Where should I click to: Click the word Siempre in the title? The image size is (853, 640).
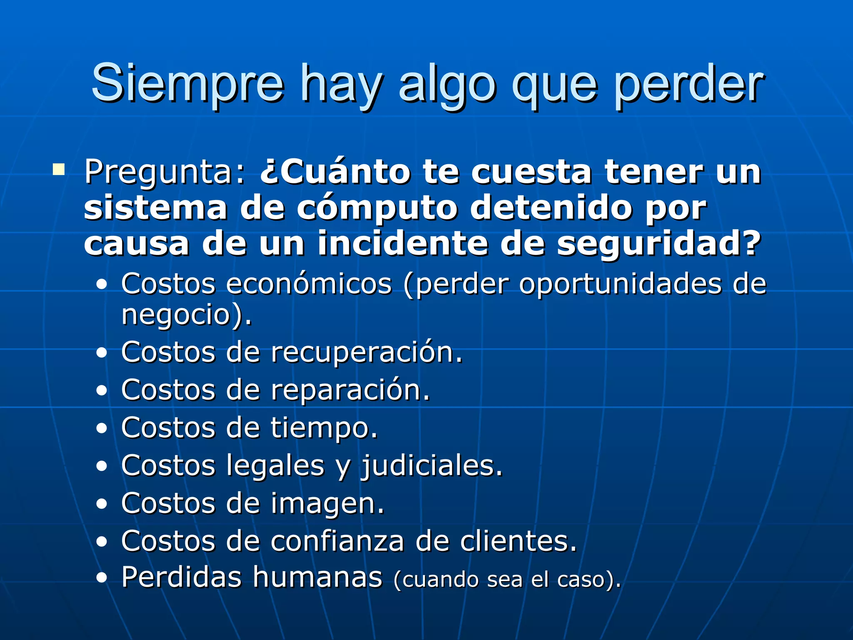coord(187,83)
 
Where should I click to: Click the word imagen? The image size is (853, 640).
coord(327,504)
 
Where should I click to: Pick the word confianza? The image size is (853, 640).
coord(337,541)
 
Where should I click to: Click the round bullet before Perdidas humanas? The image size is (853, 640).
coord(102,578)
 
